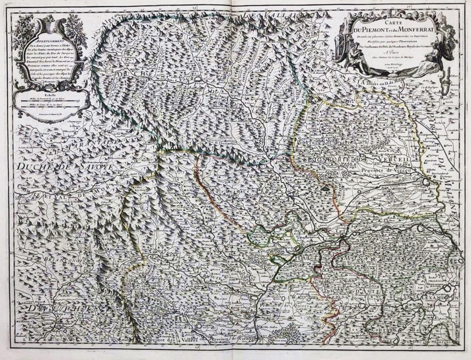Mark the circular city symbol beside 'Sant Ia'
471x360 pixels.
(x=425, y=183)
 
